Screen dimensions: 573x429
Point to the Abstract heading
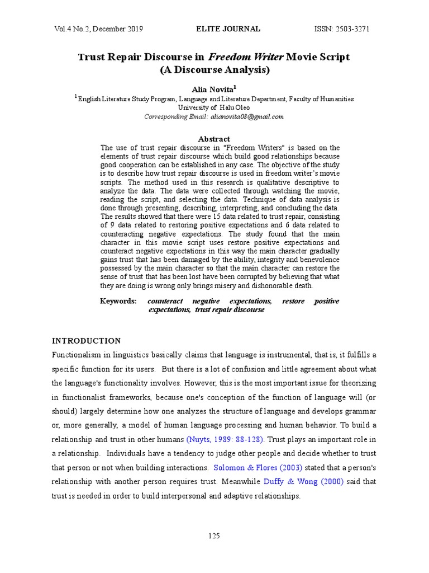point(214,139)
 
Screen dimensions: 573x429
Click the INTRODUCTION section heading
point(86,340)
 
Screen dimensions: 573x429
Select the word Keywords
point(118,301)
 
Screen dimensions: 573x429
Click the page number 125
point(214,536)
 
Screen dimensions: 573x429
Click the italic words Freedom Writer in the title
point(245,57)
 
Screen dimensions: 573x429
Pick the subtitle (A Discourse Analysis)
point(214,71)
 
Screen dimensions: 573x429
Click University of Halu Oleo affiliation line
point(214,107)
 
